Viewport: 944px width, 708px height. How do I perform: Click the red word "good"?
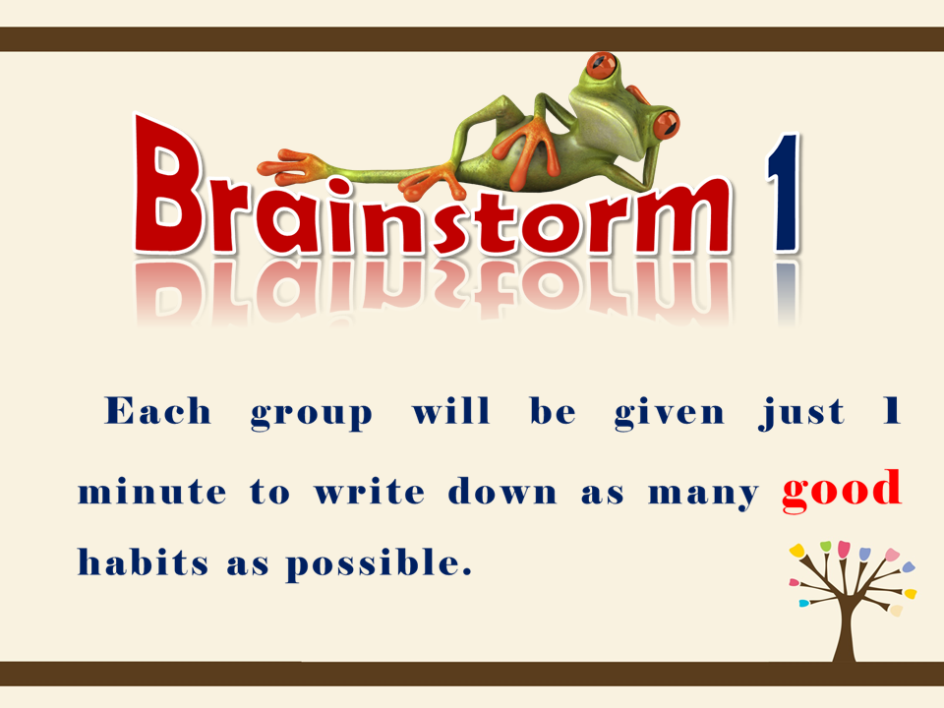tap(842, 492)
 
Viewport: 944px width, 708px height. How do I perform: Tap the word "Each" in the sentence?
tap(157, 411)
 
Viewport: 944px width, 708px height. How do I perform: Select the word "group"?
tap(312, 415)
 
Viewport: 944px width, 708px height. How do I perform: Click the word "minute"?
tap(151, 492)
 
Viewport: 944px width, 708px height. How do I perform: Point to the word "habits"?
tap(144, 561)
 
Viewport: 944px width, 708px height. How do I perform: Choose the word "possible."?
tap(379, 564)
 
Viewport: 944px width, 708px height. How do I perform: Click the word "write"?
tap(369, 492)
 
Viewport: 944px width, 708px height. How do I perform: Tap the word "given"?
tap(669, 414)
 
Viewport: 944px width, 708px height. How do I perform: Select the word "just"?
tap(801, 414)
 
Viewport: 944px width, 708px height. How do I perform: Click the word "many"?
tap(702, 495)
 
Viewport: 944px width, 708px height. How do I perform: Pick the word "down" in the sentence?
tap(502, 492)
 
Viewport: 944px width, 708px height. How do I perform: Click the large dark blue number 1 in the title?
tap(784, 192)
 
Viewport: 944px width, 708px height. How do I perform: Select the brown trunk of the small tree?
tap(844, 626)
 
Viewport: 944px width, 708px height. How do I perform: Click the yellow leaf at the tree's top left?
tap(797, 551)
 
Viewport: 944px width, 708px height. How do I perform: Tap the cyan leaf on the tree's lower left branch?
tap(803, 603)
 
